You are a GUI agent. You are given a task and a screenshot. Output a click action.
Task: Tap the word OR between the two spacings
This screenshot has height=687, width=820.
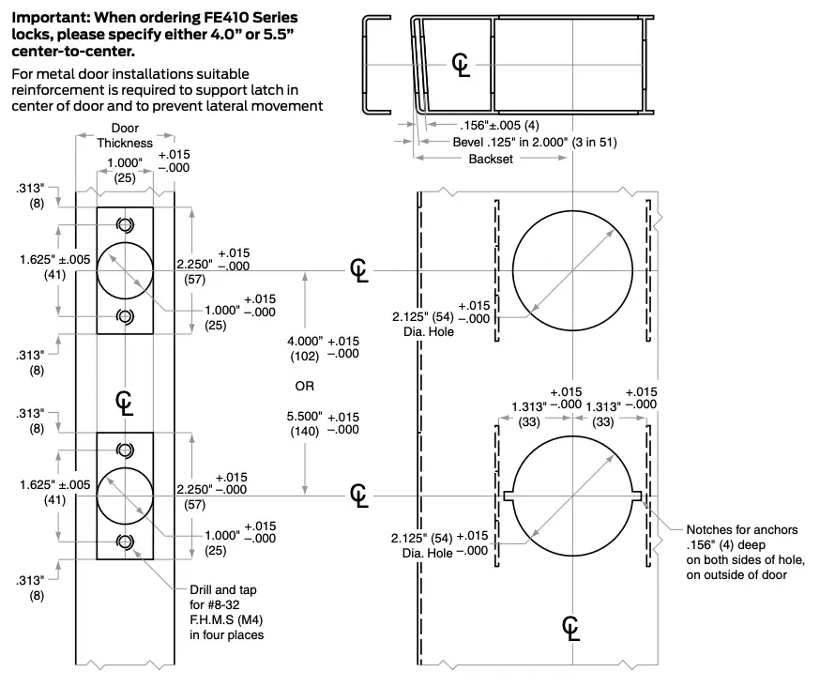[304, 386]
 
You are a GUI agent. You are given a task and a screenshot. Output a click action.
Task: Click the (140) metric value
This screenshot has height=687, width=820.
[304, 431]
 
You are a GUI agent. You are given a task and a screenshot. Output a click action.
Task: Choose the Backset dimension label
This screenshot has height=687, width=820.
[491, 160]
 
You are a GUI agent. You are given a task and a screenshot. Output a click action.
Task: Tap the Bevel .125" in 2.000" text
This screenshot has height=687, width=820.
[516, 142]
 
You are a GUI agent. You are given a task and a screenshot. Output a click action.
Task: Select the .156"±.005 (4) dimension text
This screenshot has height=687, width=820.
[498, 125]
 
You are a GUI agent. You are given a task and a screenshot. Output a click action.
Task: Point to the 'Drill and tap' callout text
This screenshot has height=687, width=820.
[221, 589]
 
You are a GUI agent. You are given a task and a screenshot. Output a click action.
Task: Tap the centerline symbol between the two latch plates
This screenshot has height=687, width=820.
[125, 401]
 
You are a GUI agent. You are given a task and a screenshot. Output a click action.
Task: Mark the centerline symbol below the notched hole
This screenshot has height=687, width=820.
[570, 628]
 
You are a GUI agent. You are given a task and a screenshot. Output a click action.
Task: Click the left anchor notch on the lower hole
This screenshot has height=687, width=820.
[508, 494]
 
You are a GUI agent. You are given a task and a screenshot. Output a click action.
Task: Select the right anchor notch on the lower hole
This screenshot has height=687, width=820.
[636, 494]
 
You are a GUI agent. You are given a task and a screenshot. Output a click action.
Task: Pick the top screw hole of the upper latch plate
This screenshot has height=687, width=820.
[125, 224]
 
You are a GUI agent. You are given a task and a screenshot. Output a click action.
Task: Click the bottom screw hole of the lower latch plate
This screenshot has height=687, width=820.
[125, 542]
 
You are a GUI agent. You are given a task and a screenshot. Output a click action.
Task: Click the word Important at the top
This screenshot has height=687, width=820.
[47, 16]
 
